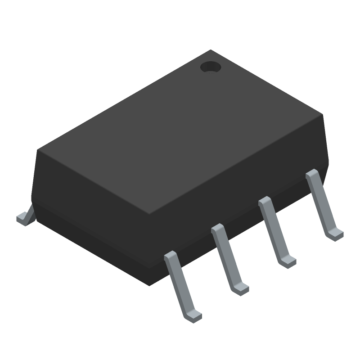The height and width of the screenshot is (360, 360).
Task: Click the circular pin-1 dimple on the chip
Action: [x=210, y=67]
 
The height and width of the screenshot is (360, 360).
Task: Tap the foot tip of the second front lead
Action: [x=240, y=288]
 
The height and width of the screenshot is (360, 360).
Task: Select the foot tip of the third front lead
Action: [x=288, y=261]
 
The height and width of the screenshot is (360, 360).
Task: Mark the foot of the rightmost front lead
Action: [x=335, y=234]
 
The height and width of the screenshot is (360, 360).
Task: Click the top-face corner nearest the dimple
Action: [x=211, y=50]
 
